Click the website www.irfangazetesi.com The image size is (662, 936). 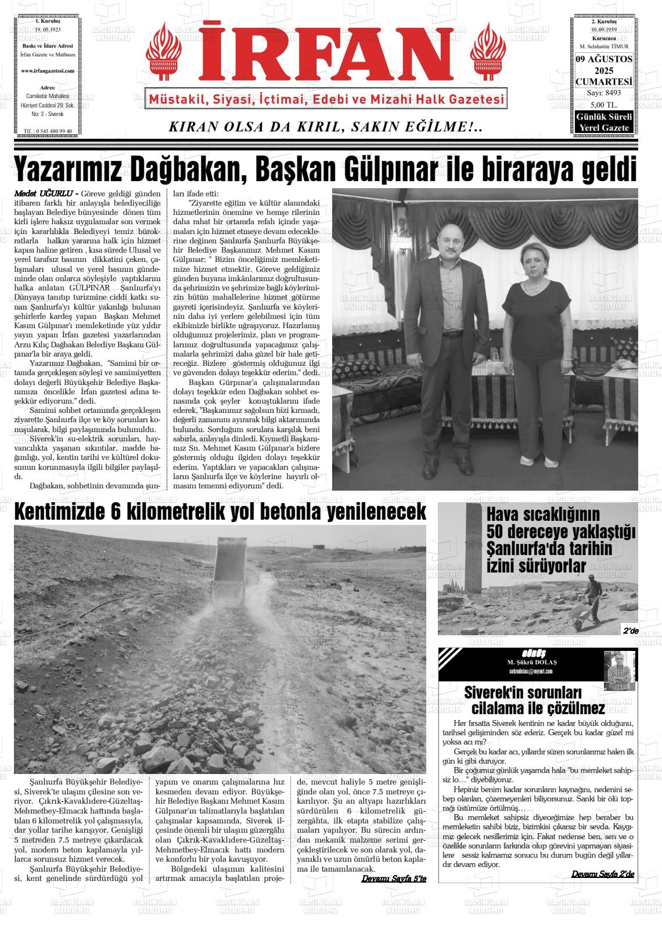click(48, 71)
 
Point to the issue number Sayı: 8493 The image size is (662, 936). click(603, 93)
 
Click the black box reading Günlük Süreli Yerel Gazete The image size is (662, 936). click(603, 123)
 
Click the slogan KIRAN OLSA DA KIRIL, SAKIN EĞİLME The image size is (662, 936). click(325, 127)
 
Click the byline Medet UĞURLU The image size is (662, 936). click(45, 193)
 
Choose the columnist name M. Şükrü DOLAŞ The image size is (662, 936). click(528, 663)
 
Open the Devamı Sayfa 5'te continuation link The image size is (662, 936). click(394, 879)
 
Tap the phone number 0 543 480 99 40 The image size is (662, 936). click(50, 131)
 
